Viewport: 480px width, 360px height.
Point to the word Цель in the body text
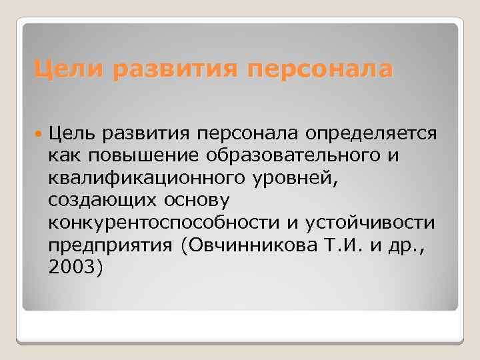coord(71,133)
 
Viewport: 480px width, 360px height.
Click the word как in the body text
coord(63,156)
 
